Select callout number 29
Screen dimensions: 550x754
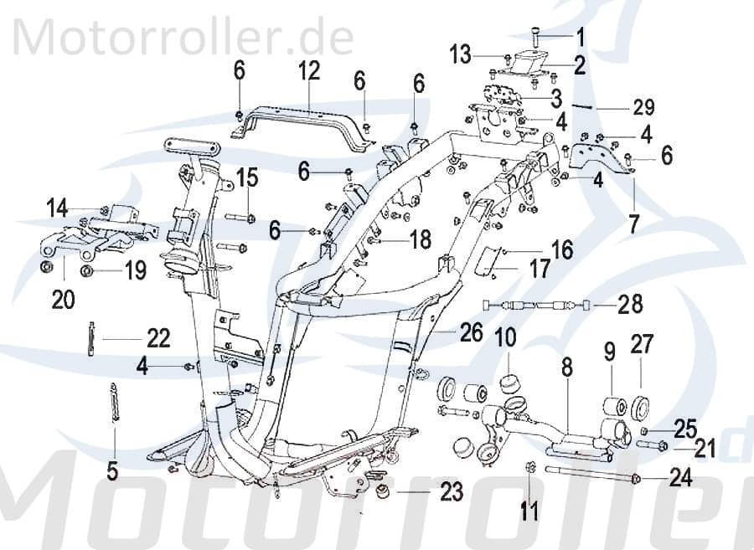click(x=643, y=107)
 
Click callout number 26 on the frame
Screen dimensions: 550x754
click(x=472, y=333)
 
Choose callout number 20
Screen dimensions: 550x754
click(x=63, y=299)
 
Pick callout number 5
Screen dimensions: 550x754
click(x=112, y=470)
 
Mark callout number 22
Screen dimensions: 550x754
click(x=158, y=338)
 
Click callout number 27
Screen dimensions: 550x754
click(x=642, y=346)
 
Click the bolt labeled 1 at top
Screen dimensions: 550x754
click(x=537, y=35)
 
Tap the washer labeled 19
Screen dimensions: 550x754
click(x=86, y=271)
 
